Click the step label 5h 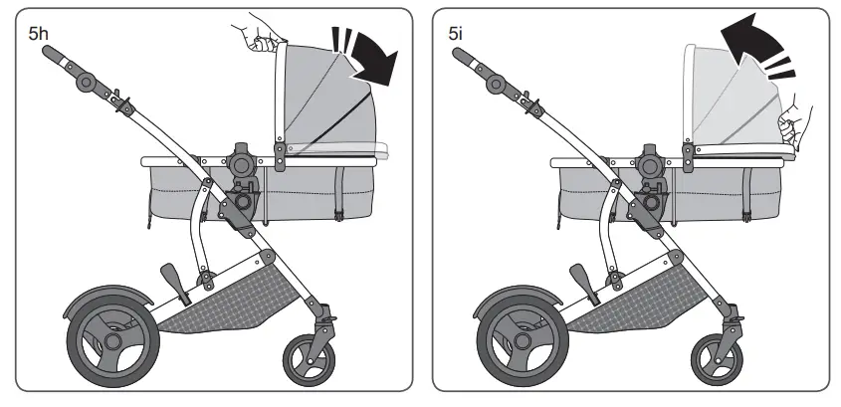click(x=38, y=32)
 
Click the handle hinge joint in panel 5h click(x=89, y=81)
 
